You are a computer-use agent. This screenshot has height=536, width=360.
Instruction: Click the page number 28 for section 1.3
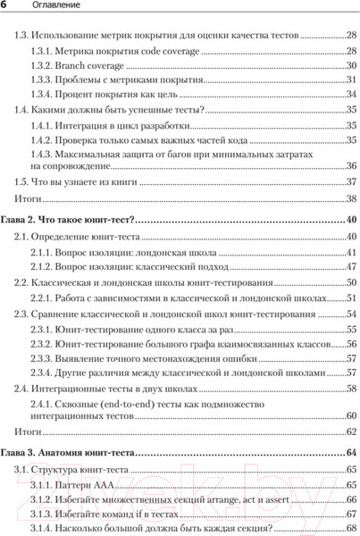pyautogui.click(x=350, y=38)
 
